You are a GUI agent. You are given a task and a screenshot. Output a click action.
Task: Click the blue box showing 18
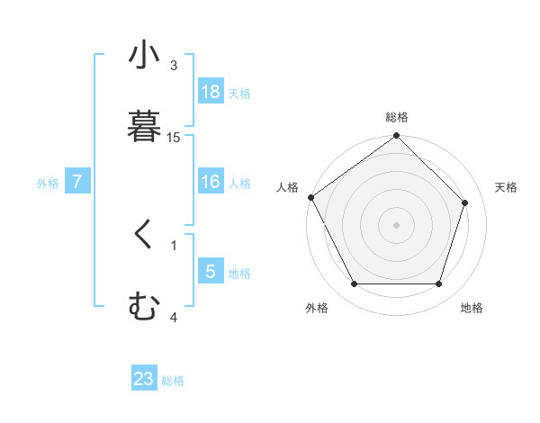(x=211, y=92)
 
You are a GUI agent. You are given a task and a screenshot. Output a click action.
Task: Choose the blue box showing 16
(x=211, y=182)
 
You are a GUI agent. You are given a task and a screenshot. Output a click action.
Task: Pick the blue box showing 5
(x=211, y=272)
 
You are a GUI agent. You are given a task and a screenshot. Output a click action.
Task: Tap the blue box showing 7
(x=77, y=182)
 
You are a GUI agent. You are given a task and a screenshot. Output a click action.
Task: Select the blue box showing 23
(x=144, y=379)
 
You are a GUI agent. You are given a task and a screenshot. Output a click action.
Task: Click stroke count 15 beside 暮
(x=174, y=138)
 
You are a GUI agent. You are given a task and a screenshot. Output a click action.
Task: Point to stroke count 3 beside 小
(x=174, y=66)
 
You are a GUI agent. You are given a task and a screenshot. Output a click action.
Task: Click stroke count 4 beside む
(x=174, y=317)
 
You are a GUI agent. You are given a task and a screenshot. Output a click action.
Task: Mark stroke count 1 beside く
(x=174, y=245)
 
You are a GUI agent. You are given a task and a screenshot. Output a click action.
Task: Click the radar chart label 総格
(x=397, y=117)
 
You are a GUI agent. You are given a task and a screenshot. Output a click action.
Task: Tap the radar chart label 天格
(x=506, y=187)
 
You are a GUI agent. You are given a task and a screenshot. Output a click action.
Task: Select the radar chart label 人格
(x=287, y=187)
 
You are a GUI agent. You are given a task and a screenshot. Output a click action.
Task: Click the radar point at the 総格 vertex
(x=397, y=136)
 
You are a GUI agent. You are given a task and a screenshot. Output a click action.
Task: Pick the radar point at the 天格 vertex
(x=465, y=202)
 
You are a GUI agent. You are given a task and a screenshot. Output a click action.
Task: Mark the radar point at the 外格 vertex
(x=355, y=284)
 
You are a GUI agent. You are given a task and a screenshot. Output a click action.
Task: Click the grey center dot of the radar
(x=397, y=224)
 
